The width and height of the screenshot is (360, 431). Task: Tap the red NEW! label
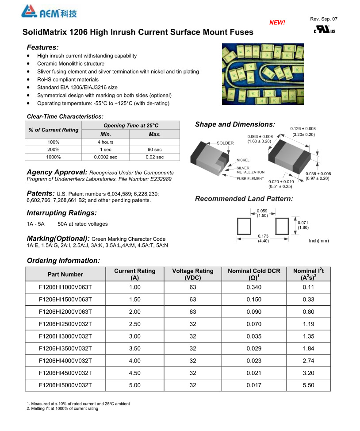[277, 23]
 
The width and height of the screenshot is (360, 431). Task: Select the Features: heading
[42, 47]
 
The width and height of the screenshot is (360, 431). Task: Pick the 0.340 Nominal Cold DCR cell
[254, 287]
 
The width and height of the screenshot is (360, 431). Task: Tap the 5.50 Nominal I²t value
[308, 385]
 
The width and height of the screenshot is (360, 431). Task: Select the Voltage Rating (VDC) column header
[192, 274]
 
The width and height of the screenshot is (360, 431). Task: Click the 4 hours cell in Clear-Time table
[105, 142]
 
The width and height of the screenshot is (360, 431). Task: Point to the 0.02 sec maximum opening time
[154, 157]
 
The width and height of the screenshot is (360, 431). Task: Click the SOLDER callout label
[225, 143]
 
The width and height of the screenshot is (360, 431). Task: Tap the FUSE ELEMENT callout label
[250, 178]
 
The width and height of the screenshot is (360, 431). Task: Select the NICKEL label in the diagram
[243, 160]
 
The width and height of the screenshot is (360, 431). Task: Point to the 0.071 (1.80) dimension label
[303, 225]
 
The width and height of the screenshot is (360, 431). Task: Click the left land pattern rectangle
[244, 226]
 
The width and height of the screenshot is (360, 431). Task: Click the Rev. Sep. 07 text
[324, 19]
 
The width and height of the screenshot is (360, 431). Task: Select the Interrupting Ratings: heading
[61, 213]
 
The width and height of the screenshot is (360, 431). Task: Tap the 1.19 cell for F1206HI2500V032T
[308, 324]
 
